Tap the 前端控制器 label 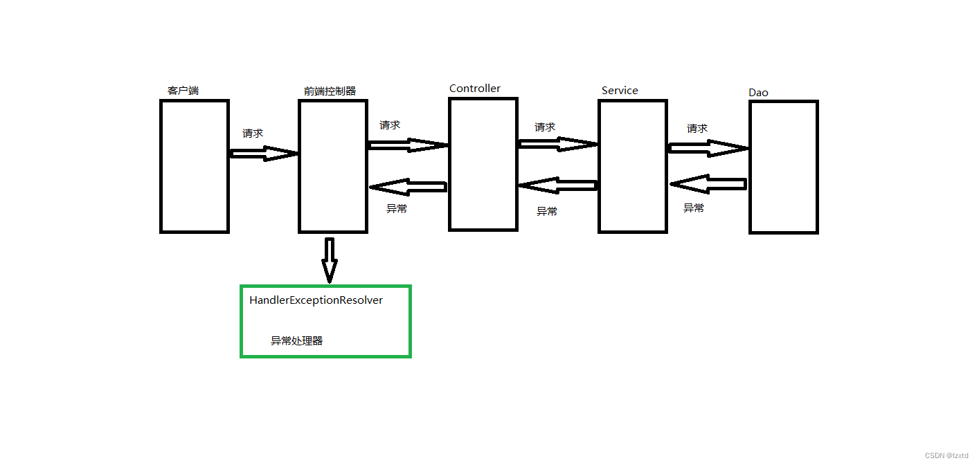[330, 91]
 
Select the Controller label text [475, 89]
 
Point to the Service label [620, 91]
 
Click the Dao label [758, 93]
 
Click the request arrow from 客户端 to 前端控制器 [263, 154]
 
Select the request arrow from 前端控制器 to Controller [408, 145]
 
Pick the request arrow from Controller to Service [557, 144]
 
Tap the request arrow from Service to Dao [708, 148]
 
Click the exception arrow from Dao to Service [708, 184]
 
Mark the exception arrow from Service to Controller [557, 185]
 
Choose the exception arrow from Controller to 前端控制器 [408, 187]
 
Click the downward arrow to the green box [330, 260]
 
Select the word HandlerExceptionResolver [316, 300]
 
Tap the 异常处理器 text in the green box [296, 341]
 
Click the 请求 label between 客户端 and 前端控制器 [253, 134]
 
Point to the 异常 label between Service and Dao [694, 208]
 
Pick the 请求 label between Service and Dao [697, 129]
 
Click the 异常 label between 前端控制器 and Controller [397, 208]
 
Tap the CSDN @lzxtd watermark [949, 455]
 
